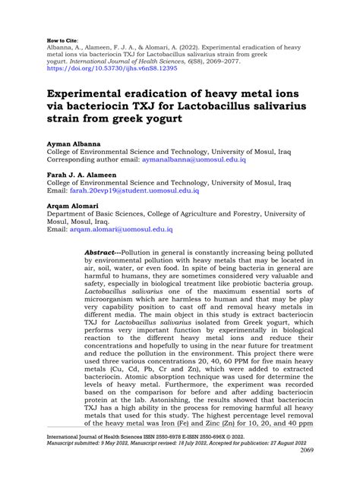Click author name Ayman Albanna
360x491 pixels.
pyautogui.click(x=74, y=143)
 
